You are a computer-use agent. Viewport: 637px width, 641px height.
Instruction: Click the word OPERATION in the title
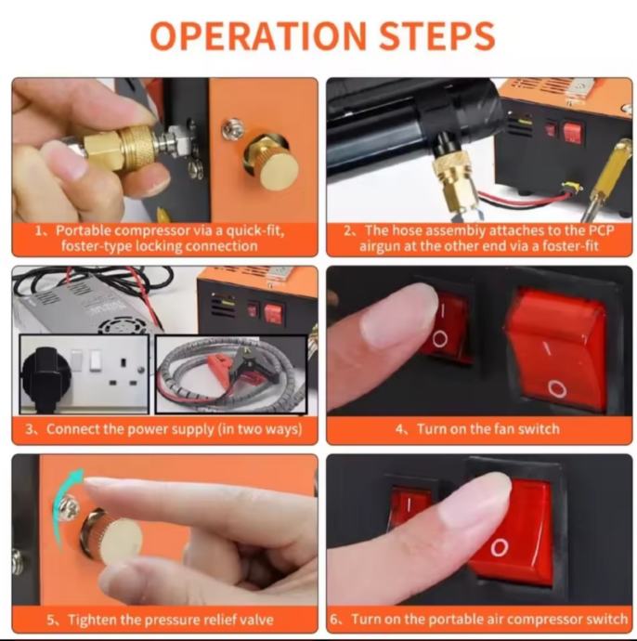(x=258, y=35)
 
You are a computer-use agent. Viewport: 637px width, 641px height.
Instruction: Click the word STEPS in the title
(x=437, y=35)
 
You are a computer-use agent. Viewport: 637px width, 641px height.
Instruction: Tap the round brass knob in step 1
(x=273, y=161)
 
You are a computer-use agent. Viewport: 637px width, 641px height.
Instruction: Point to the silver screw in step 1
(x=233, y=127)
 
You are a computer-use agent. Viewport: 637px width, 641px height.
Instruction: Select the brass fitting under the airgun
(x=454, y=180)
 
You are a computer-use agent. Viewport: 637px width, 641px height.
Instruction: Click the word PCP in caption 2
(x=601, y=230)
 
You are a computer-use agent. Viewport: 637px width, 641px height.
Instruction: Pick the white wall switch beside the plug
(x=95, y=360)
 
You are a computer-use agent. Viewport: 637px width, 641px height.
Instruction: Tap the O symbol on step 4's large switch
(x=556, y=388)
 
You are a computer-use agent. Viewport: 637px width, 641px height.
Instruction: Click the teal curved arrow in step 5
(x=66, y=507)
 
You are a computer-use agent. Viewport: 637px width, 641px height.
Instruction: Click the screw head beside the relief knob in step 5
(x=68, y=508)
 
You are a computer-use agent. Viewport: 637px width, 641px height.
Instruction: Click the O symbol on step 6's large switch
(x=500, y=546)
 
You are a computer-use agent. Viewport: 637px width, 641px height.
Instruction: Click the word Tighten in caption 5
(x=92, y=620)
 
